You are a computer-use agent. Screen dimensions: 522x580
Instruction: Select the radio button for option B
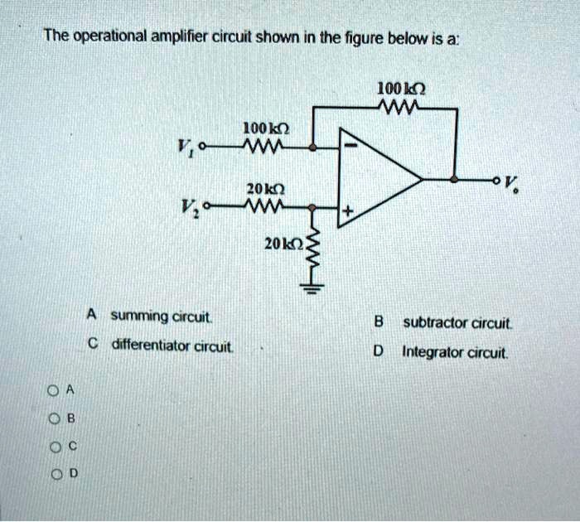point(52,417)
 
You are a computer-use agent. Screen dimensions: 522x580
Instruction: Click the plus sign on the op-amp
point(349,213)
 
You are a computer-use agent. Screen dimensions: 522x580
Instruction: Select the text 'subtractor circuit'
point(457,322)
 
